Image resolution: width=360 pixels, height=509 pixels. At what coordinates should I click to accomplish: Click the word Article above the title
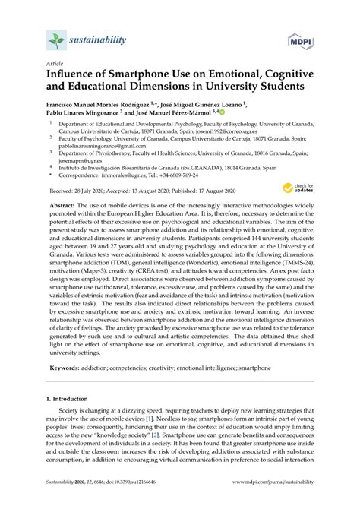coord(55,66)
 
